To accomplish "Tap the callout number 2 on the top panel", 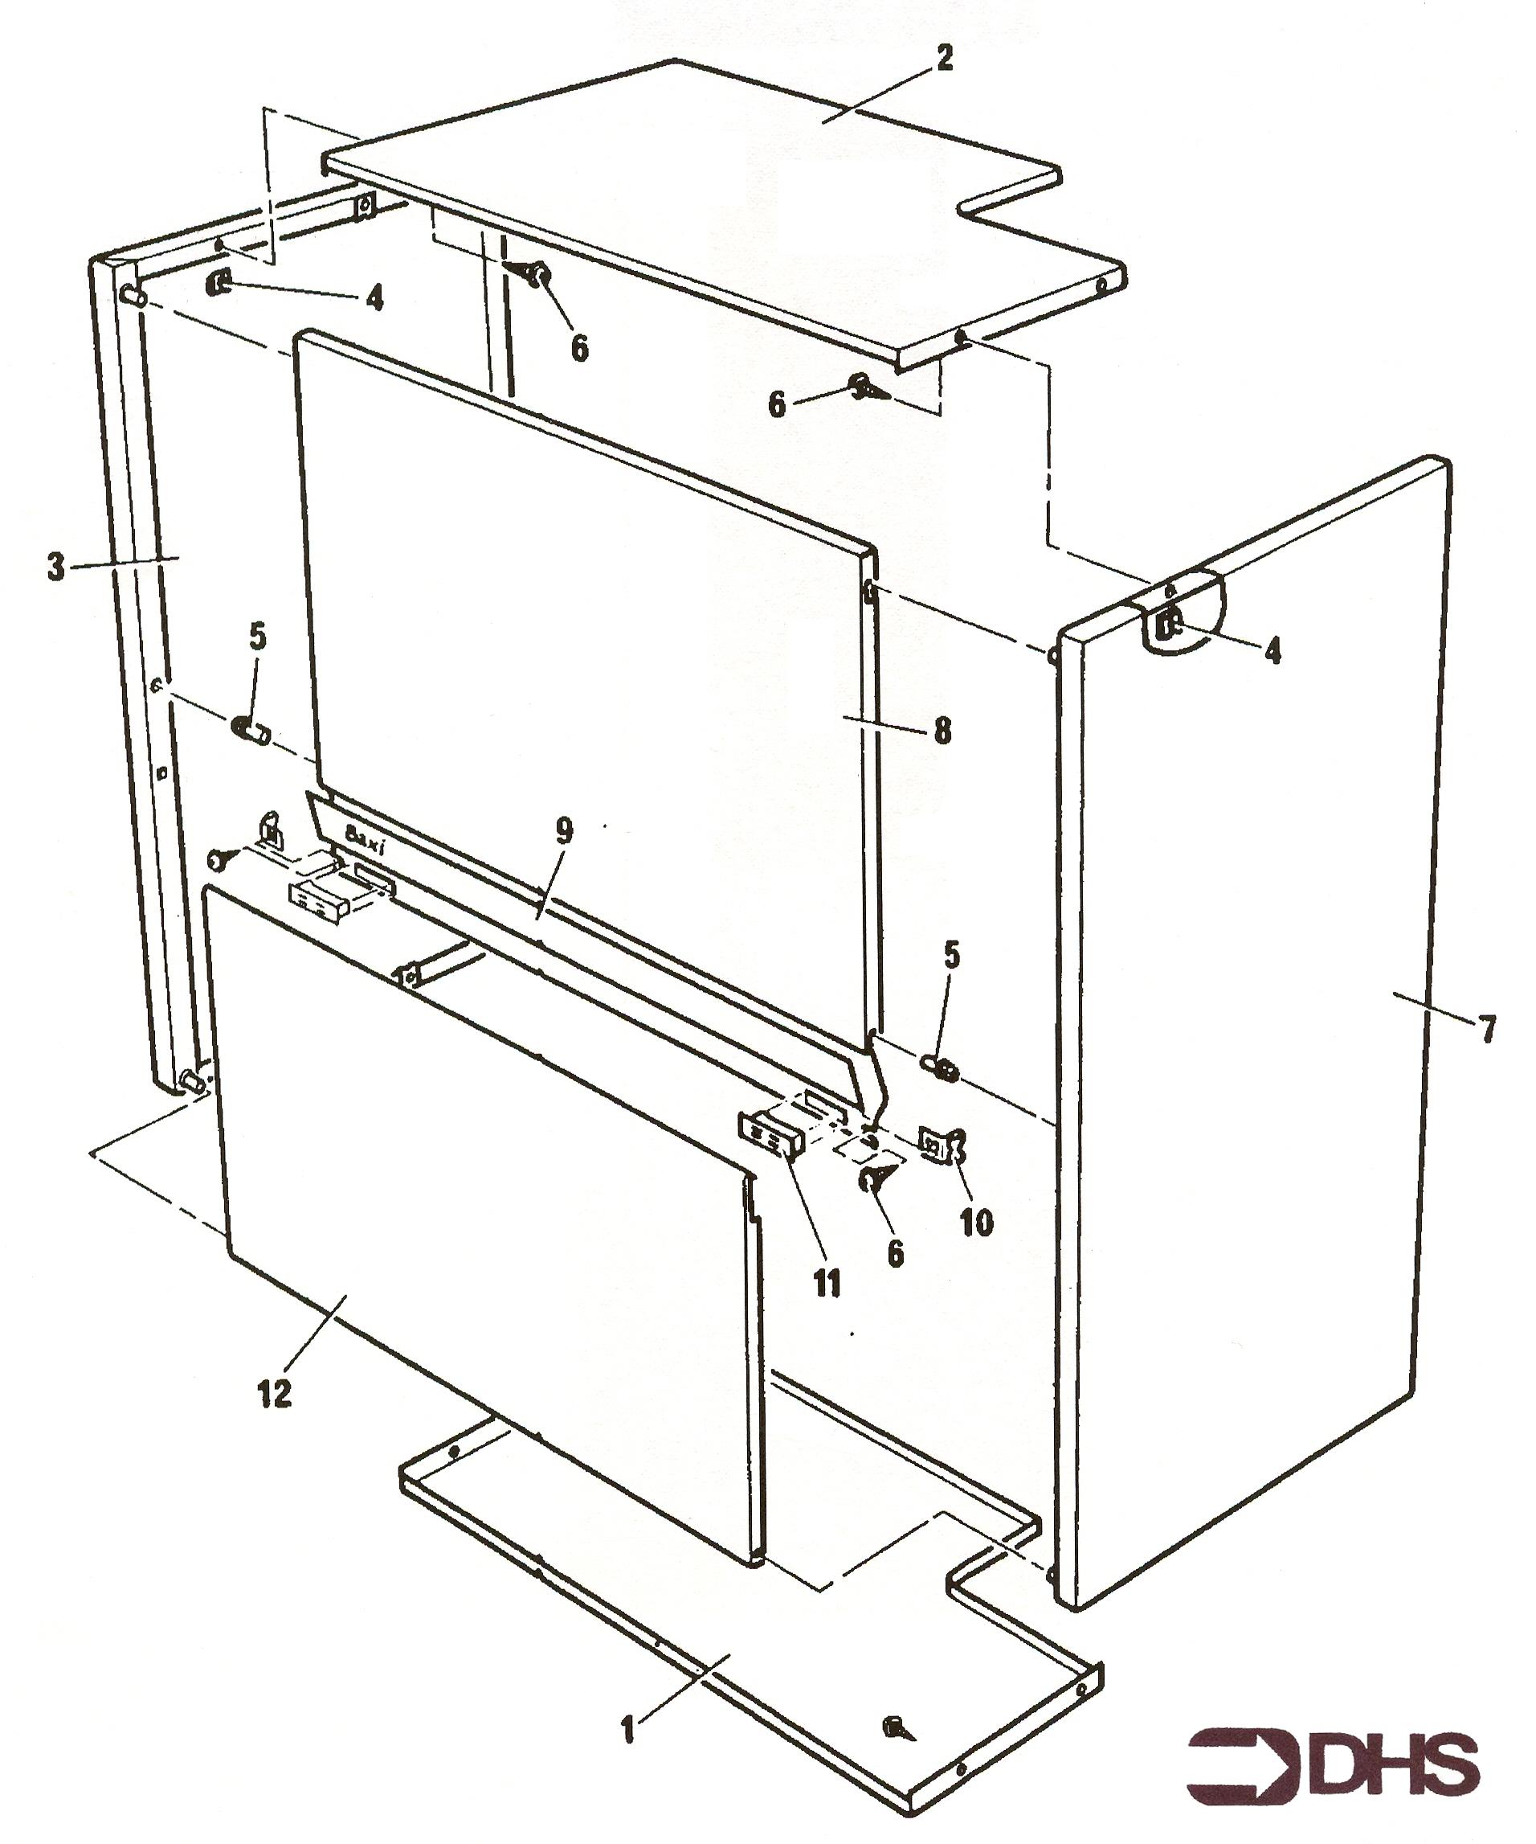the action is pos(944,59).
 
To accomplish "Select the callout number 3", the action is pos(56,568).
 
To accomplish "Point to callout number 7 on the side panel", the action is pos(1487,1029).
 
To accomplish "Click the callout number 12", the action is pos(275,1394).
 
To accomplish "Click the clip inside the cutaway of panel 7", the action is pos(1170,627).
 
